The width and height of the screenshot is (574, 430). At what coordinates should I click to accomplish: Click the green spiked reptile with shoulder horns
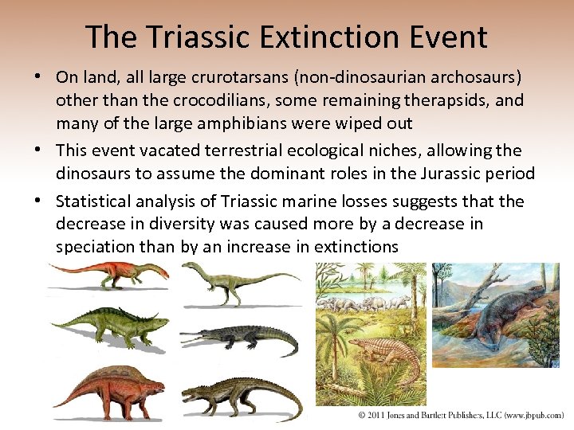[112, 326]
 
